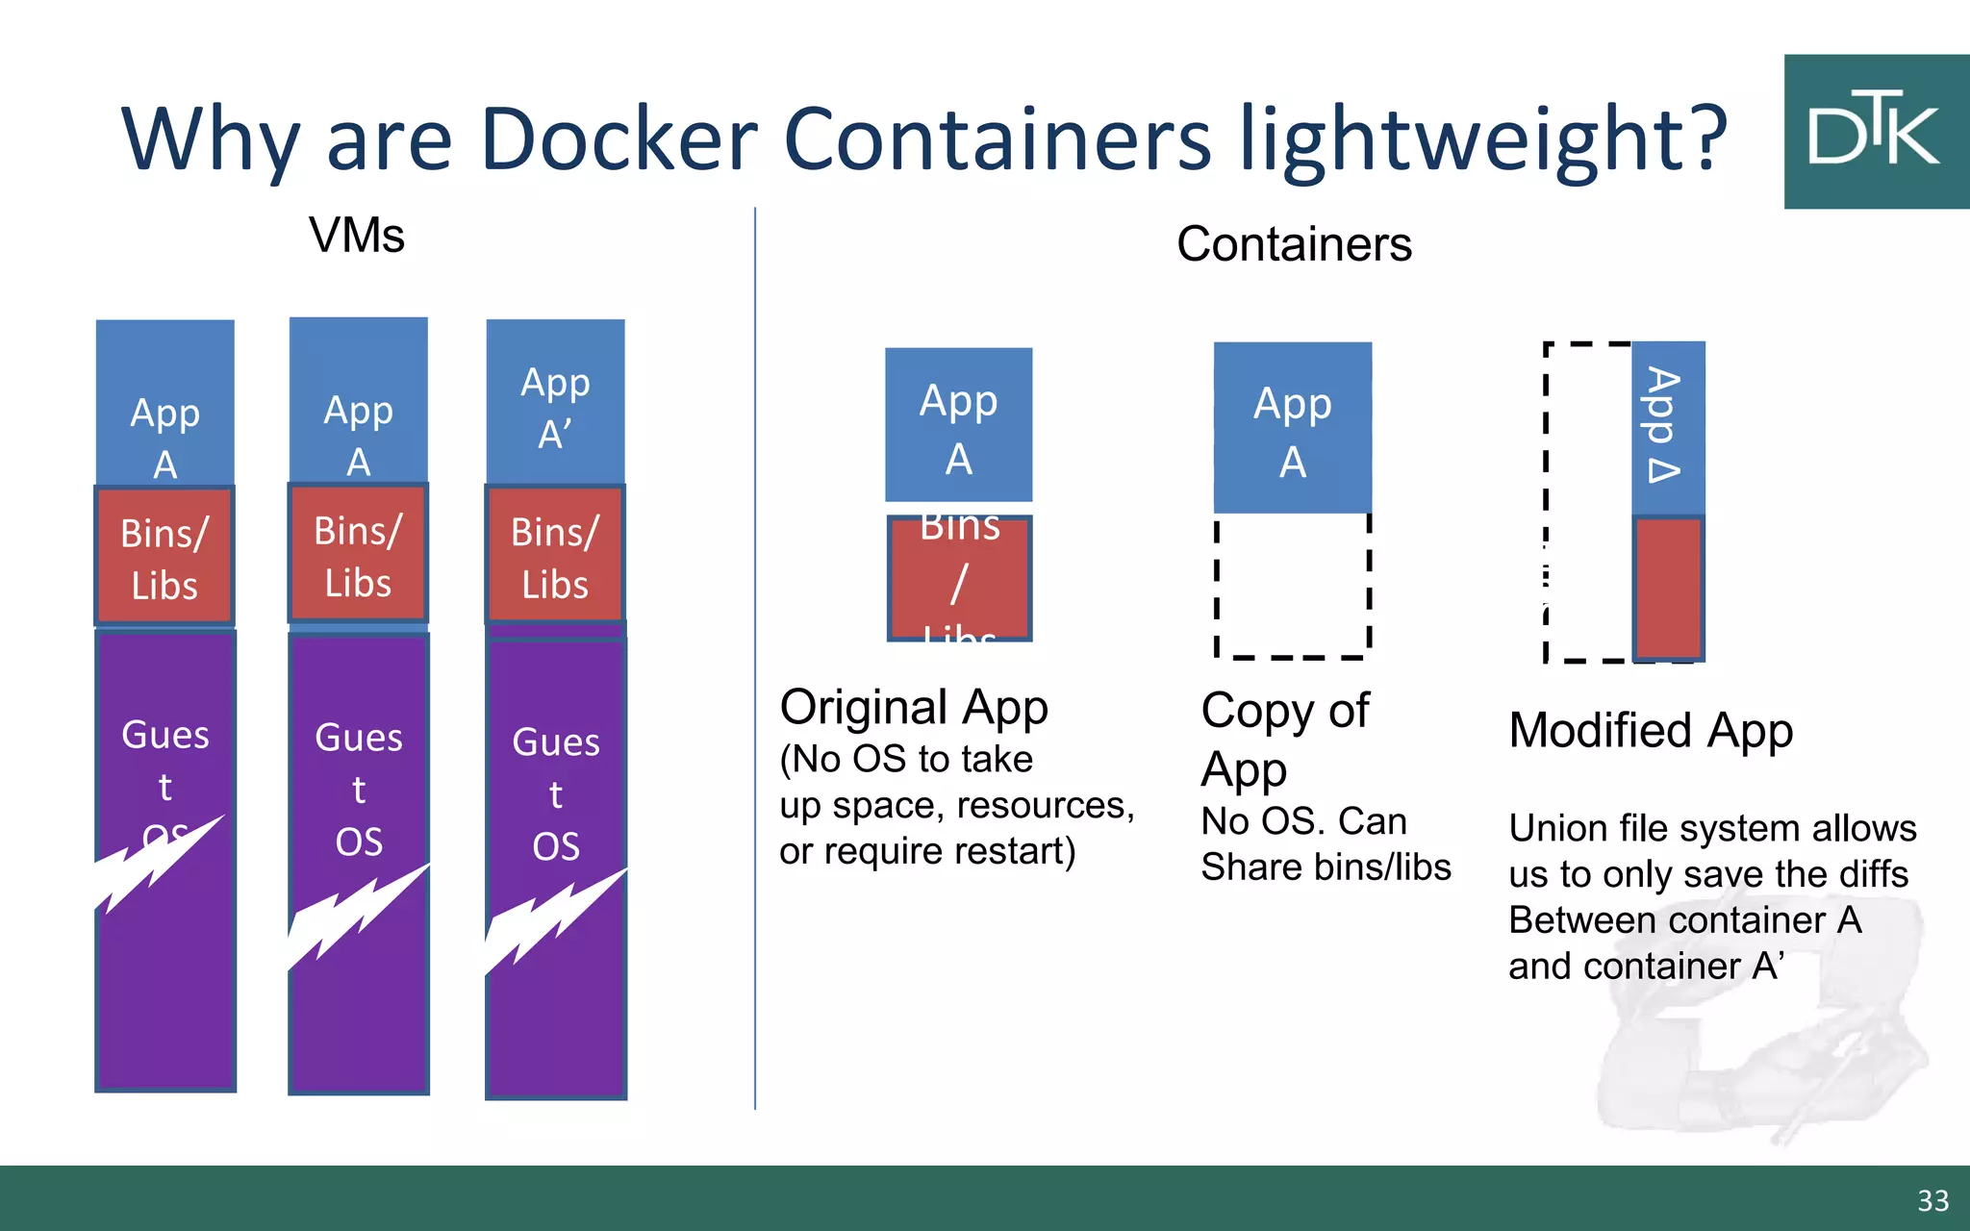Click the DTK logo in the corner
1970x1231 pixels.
(x=1875, y=132)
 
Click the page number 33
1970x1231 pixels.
(x=1932, y=1200)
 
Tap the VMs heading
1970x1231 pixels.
(x=357, y=236)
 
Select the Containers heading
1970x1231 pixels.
(x=1294, y=244)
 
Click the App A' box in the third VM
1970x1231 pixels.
(x=555, y=404)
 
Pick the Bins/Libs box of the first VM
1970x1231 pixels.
(x=164, y=557)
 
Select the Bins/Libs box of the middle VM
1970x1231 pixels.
(x=358, y=555)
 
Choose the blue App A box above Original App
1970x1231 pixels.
(x=958, y=425)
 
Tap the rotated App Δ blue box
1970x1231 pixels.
(x=1668, y=427)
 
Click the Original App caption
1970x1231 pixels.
(x=914, y=707)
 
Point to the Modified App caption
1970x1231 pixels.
(x=1651, y=730)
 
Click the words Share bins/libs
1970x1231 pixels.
(x=1326, y=867)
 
